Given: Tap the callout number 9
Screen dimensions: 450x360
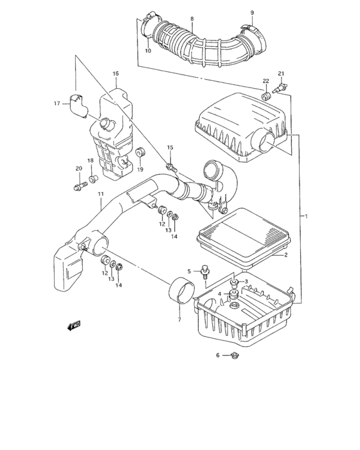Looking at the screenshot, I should point(252,12).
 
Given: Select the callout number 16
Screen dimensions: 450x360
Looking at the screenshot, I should point(116,74).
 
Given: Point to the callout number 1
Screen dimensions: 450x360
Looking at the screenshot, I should point(306,217).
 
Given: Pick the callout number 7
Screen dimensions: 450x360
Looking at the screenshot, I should point(179,319).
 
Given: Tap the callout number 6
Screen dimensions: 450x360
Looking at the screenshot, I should point(218,355).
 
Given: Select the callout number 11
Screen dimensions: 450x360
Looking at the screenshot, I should point(100,194).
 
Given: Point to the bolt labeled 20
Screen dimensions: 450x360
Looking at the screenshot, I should point(79,187).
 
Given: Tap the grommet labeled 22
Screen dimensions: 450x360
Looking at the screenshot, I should point(264,96).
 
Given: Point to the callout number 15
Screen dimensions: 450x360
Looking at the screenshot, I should point(170,148).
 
